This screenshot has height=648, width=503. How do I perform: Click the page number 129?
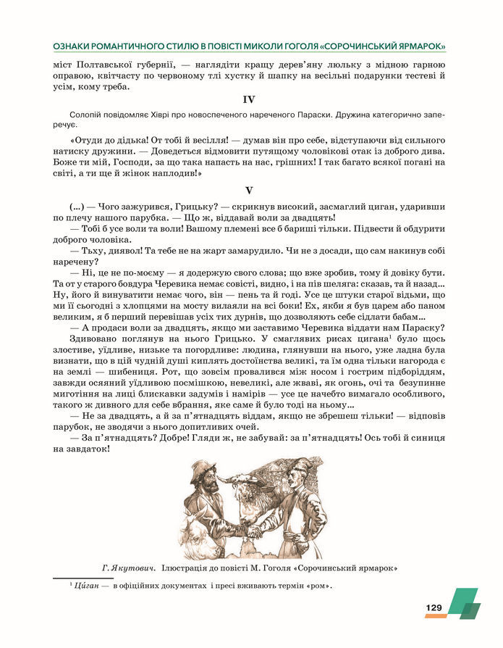(434, 607)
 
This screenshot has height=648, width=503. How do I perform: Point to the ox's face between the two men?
(239, 500)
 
